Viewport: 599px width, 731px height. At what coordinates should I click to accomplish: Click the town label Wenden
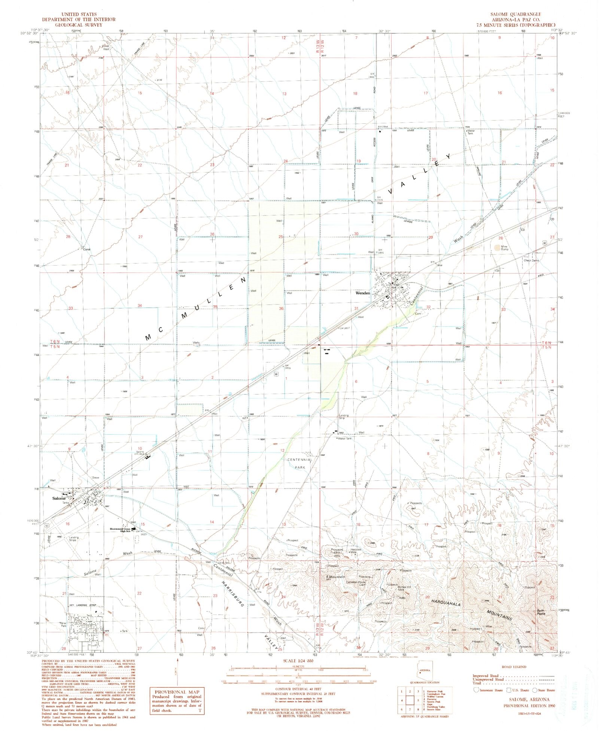[363, 293]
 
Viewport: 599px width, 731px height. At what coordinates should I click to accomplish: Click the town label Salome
[59, 498]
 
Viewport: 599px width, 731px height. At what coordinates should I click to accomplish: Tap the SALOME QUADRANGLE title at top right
[516, 14]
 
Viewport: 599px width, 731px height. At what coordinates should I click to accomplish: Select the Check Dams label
[531, 260]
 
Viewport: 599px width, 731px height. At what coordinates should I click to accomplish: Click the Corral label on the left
[86, 249]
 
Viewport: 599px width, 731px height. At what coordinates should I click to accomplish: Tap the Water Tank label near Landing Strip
[345, 438]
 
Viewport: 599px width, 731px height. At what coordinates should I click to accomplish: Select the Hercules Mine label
[356, 551]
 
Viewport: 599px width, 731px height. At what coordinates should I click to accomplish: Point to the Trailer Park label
[63, 624]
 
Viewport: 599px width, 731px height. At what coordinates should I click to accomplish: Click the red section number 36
[281, 309]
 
